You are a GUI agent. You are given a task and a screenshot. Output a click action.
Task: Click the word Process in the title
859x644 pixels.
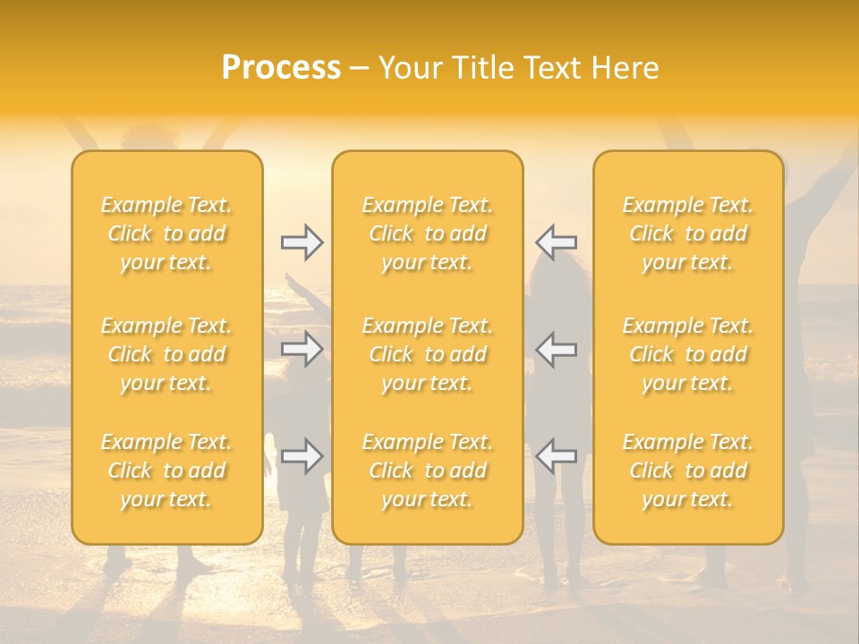pos(281,68)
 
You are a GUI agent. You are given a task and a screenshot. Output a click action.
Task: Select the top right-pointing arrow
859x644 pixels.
pos(302,242)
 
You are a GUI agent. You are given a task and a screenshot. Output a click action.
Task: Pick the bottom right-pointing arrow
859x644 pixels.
pos(302,456)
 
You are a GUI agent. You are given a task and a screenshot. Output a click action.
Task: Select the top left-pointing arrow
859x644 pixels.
pos(557,242)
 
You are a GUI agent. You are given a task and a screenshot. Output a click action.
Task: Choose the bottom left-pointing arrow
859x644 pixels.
pos(557,456)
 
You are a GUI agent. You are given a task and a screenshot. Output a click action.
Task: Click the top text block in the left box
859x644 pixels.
pos(166,233)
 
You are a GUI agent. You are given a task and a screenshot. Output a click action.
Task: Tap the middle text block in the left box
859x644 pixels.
pos(166,354)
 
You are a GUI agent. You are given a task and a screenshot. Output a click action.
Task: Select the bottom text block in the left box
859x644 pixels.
pos(166,470)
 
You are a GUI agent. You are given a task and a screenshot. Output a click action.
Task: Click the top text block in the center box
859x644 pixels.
pos(428,233)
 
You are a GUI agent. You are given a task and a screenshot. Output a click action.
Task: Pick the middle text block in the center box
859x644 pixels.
pos(428,354)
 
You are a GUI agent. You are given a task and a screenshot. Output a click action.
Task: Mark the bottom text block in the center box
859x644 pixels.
pos(428,470)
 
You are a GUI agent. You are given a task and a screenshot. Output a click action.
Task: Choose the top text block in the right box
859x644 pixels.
pos(688,233)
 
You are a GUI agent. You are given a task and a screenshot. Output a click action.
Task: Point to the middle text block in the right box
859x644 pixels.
pos(688,354)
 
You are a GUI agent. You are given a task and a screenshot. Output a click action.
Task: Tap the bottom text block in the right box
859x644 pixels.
pos(688,470)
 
